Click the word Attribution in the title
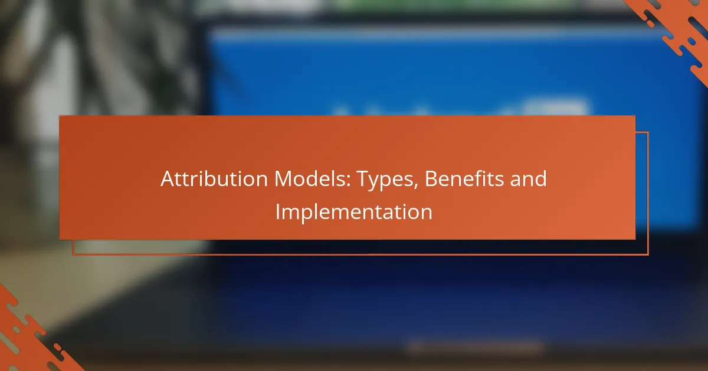pos(214,178)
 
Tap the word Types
pos(385,180)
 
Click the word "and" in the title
pos(529,178)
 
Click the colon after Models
pos(348,181)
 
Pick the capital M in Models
pos(284,179)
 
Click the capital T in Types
pos(363,179)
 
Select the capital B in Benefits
pos(431,179)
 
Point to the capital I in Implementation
pos(278,212)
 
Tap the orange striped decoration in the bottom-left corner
pos(32,334)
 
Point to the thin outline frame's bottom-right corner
pos(648,254)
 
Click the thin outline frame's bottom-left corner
pos(73,254)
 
